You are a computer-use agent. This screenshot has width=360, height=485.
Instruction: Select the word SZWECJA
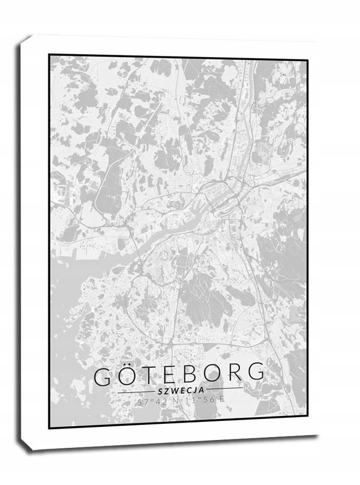[x=180, y=390]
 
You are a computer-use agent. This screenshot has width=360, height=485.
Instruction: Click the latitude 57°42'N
[x=158, y=402]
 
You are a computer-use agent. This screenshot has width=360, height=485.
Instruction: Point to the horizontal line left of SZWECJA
[x=135, y=391]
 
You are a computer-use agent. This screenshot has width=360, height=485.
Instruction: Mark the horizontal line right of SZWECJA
[x=225, y=389]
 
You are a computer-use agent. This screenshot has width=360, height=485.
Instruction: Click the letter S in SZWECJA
[x=157, y=390]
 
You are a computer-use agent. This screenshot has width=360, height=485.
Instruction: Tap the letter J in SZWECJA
[x=197, y=390]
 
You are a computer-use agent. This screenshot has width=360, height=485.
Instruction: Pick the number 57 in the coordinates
[x=142, y=402]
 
